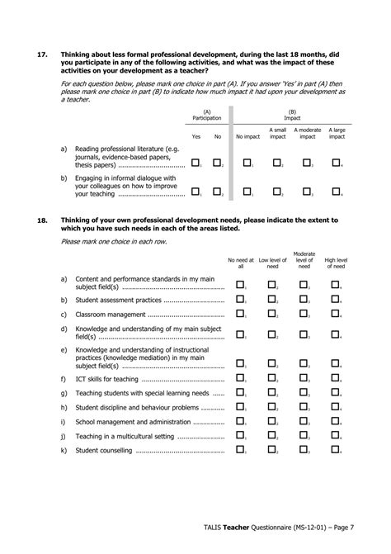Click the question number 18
point(42,221)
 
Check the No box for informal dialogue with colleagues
point(217,192)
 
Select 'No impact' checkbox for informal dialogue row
point(247,192)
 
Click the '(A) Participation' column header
point(206,115)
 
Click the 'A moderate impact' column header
point(307,133)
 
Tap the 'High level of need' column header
point(336,263)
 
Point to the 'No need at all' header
point(241,263)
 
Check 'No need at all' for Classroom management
point(241,314)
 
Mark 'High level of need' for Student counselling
point(336,450)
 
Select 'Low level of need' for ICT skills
point(271,378)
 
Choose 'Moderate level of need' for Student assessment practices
point(304,300)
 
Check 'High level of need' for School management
point(336,421)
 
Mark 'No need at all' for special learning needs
point(241,393)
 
